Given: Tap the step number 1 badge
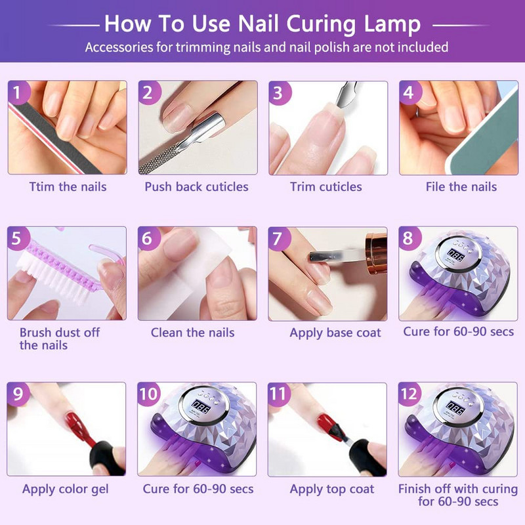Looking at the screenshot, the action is (18, 92).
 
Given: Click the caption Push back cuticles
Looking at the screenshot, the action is (196, 186).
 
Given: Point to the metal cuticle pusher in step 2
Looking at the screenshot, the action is (188, 140).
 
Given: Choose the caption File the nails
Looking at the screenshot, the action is (461, 186).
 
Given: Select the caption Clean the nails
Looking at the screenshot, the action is (192, 333).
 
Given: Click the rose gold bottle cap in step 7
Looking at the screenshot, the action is (377, 253).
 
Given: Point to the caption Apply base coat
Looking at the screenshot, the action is (335, 333).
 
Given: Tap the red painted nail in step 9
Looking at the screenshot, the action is (76, 425).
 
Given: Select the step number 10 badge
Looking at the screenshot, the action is (149, 394).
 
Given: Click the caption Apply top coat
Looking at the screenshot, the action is (332, 489).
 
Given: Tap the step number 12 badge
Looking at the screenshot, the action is (409, 394).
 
